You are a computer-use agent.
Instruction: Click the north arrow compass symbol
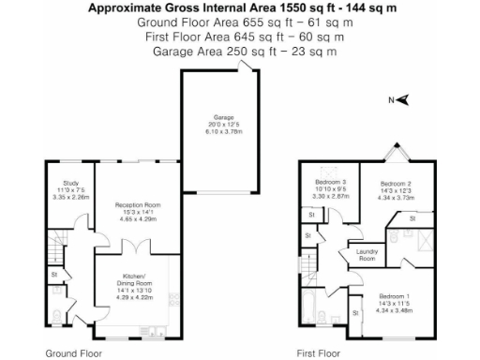click(x=400, y=100)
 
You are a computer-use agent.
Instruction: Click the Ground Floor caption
click(x=74, y=353)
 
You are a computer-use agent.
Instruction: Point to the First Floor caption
click(x=318, y=353)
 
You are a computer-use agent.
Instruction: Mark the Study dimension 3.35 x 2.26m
click(x=70, y=198)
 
